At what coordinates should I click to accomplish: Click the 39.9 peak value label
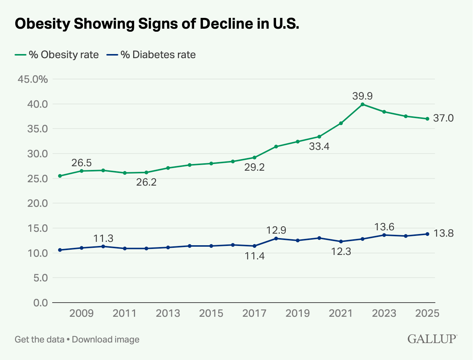click(x=362, y=96)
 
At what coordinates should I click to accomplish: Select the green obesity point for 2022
click(x=363, y=104)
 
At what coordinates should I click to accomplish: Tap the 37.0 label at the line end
click(x=443, y=118)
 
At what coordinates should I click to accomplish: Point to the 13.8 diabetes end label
click(x=443, y=233)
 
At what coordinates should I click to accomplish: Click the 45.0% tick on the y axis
click(x=33, y=79)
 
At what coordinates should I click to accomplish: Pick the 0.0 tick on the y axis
click(x=41, y=303)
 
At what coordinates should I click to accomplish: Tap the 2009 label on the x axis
click(x=81, y=313)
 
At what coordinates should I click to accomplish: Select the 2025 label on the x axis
click(x=427, y=313)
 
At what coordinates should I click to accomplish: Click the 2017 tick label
click(x=254, y=313)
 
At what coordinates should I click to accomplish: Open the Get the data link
click(x=39, y=340)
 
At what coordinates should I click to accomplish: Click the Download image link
click(x=106, y=340)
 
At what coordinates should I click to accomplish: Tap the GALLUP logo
click(x=432, y=339)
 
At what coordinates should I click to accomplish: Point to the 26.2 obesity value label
click(x=146, y=182)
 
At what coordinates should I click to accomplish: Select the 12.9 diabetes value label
click(x=276, y=230)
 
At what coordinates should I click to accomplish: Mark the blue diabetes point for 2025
click(x=427, y=234)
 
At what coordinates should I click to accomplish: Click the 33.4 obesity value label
click(x=319, y=146)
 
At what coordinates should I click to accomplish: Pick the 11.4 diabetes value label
click(x=254, y=256)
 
